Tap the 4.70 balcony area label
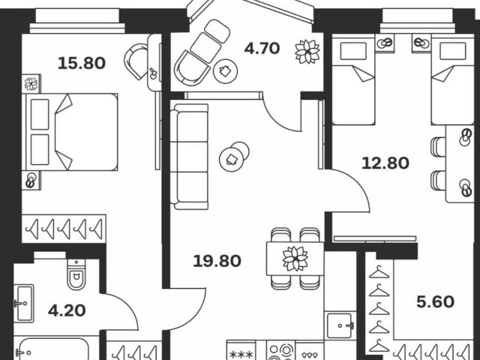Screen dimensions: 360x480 (x=262, y=49)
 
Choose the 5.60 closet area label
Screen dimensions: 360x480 (x=435, y=302)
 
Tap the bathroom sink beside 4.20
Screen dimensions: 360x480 (x=22, y=304)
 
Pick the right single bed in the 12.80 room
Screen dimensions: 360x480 (x=451, y=82)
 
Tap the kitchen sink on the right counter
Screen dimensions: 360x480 (x=342, y=324)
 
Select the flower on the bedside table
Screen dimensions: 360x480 (x=31, y=84)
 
